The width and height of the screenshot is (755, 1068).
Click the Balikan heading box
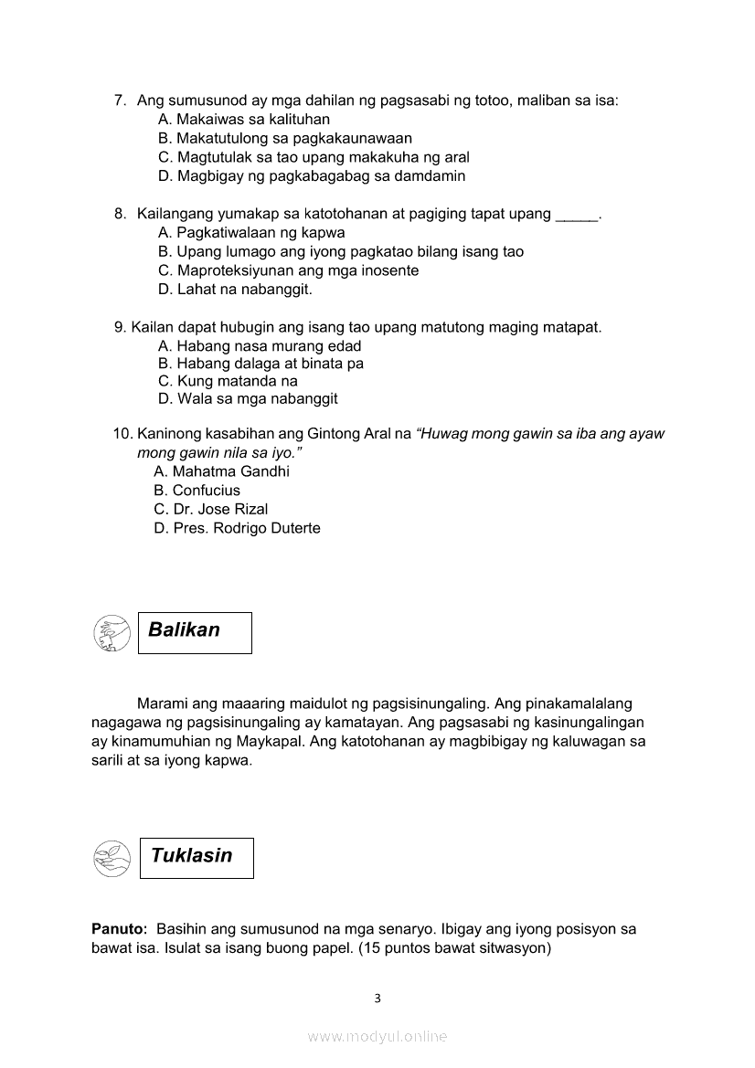(x=195, y=632)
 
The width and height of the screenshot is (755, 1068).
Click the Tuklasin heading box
(x=197, y=858)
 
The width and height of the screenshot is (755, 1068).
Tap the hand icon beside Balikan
(x=112, y=633)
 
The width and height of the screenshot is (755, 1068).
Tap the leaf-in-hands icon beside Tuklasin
(x=112, y=859)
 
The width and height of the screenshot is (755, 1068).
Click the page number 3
(x=377, y=999)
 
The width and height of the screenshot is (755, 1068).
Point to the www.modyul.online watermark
(x=377, y=1037)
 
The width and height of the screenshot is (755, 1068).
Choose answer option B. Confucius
(x=197, y=491)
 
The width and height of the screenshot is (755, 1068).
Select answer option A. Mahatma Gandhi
(x=222, y=471)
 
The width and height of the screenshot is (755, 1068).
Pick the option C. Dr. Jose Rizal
(x=211, y=509)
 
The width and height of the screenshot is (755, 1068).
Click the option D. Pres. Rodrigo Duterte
(x=238, y=528)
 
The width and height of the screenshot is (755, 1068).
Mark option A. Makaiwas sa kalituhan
(x=244, y=120)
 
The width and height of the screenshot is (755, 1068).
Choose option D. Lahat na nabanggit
(x=235, y=290)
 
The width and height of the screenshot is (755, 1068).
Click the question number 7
(x=120, y=100)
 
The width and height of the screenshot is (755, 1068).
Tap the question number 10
(x=122, y=434)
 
